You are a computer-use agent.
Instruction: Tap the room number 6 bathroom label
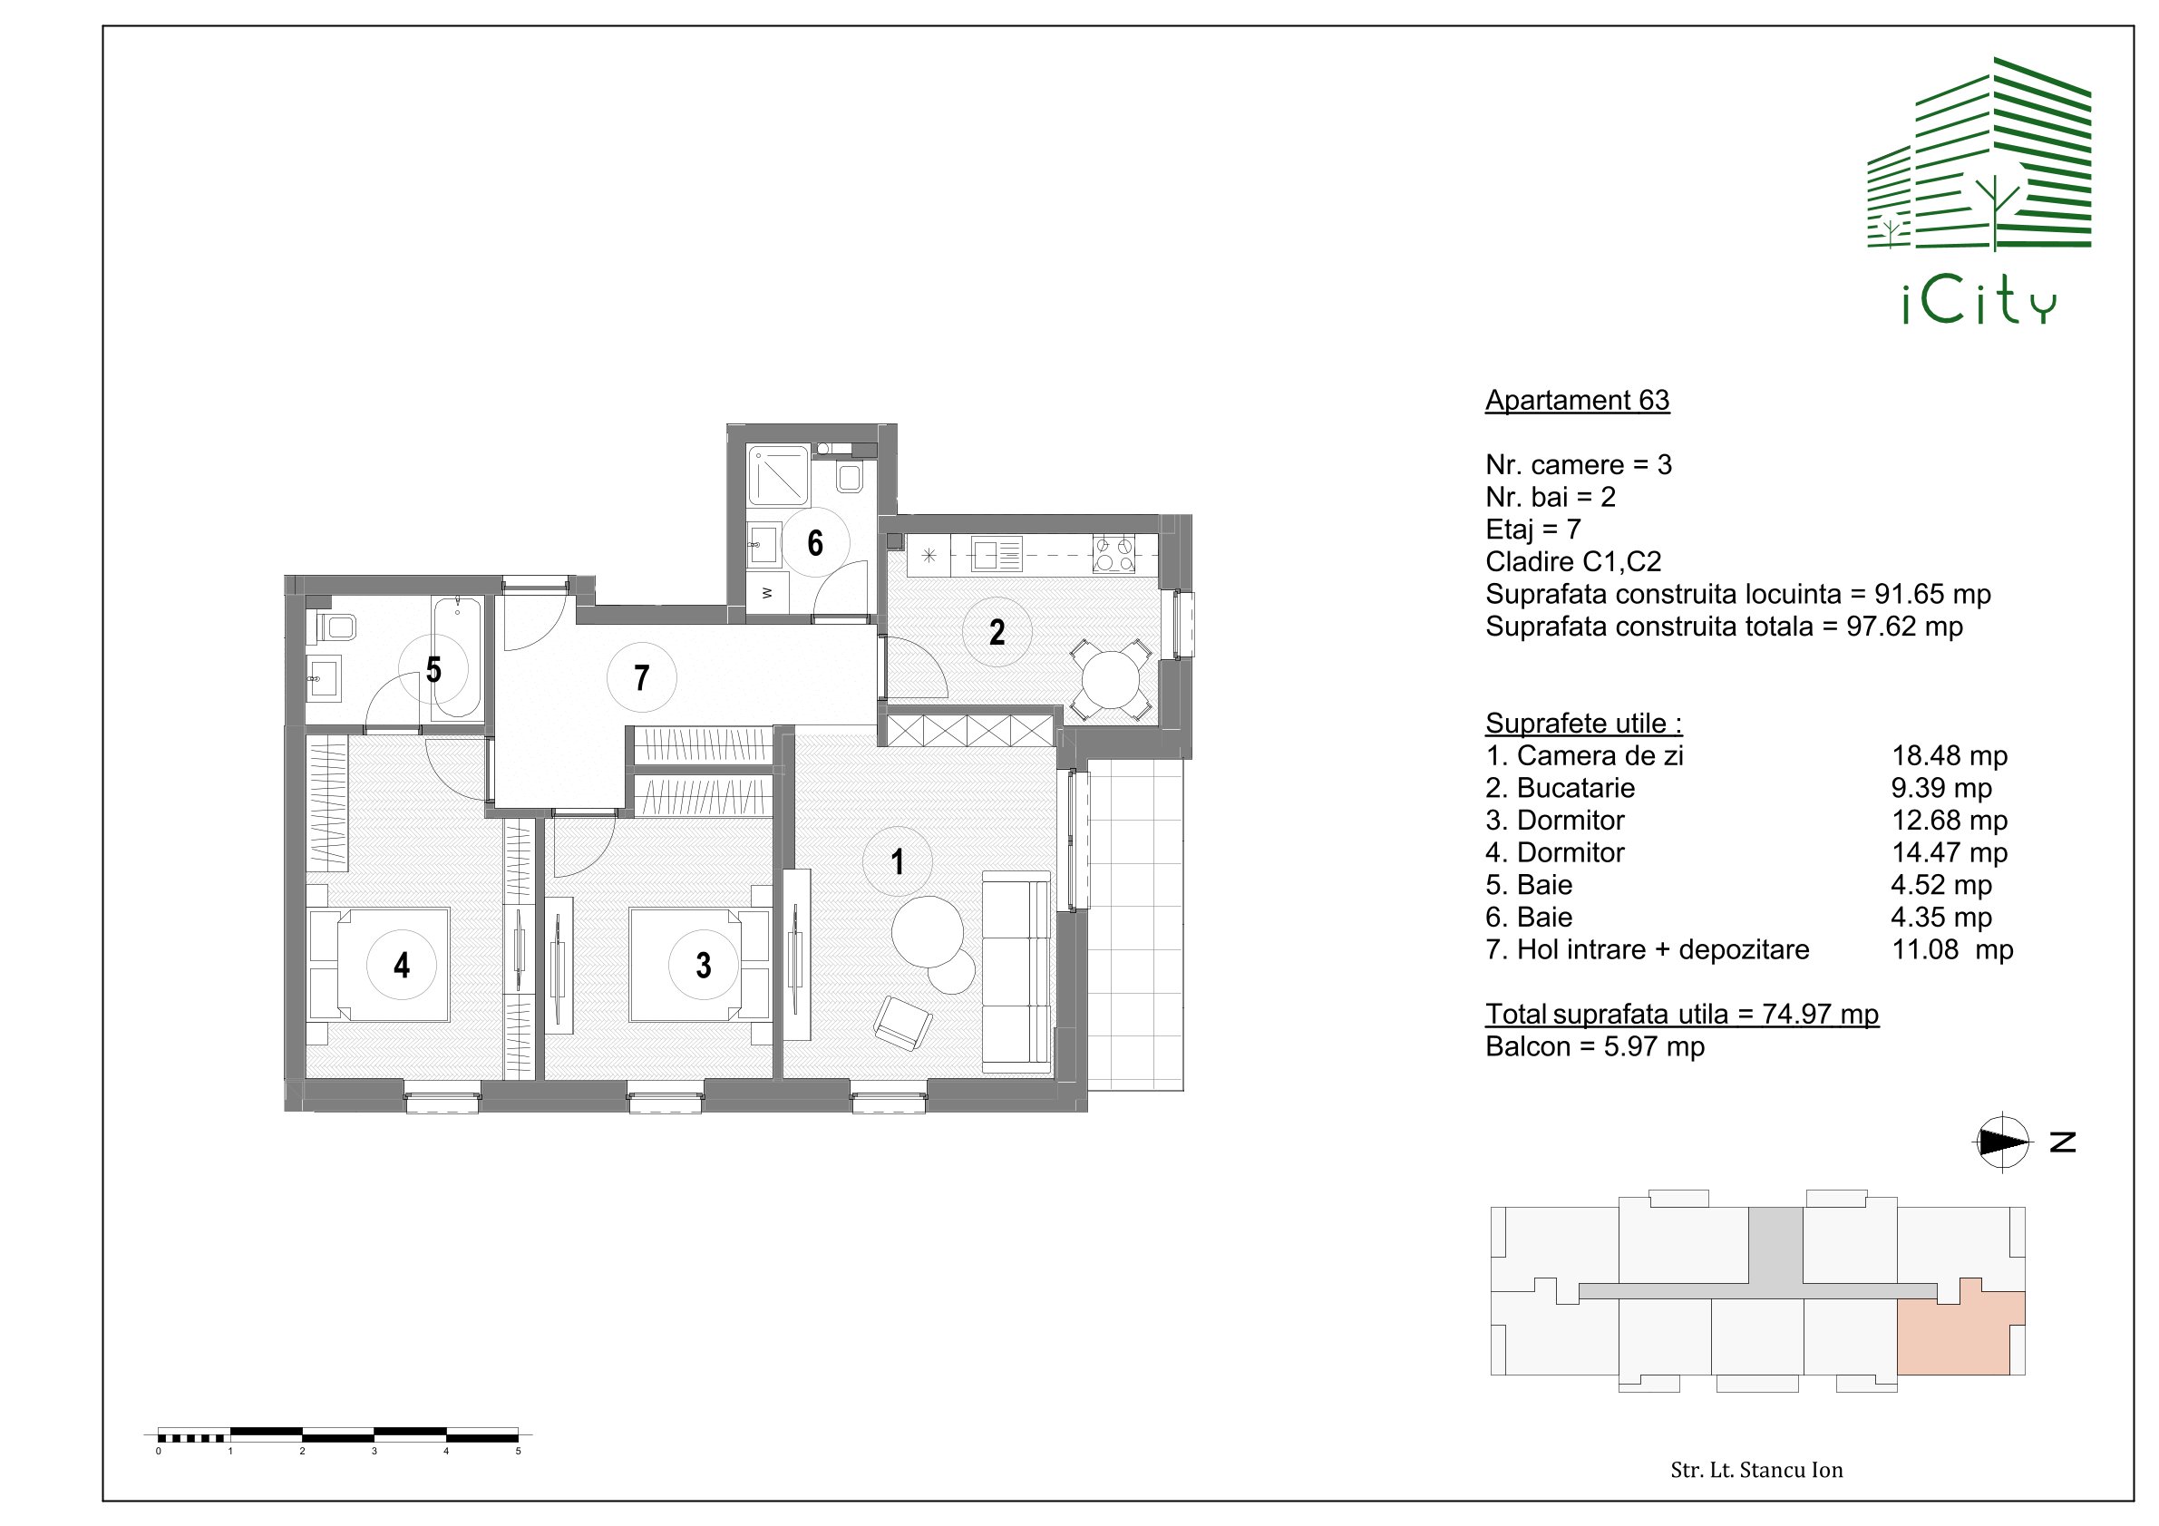pos(815,542)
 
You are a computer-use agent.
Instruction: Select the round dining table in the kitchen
pos(1112,679)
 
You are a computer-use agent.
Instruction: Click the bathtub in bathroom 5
pos(457,657)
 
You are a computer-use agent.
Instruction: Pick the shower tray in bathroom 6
pos(779,475)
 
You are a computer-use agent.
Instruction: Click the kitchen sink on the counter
pos(997,555)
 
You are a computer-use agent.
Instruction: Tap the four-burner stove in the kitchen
pos(1114,554)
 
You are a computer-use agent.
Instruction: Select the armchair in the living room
pos(902,1022)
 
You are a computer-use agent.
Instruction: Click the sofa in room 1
pos(1016,971)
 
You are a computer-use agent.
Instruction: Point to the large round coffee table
pos(928,932)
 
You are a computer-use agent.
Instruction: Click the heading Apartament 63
pos(1577,401)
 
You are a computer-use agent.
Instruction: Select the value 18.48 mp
pos(1950,756)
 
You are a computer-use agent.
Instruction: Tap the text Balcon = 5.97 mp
pos(1595,1046)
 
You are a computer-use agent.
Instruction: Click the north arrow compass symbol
pos(2002,1142)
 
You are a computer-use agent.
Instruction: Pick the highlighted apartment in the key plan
pos(1960,1333)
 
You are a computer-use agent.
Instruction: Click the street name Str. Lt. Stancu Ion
pos(1756,1470)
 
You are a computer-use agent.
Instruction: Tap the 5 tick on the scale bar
pos(518,1451)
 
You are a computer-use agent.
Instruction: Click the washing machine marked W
pos(766,593)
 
